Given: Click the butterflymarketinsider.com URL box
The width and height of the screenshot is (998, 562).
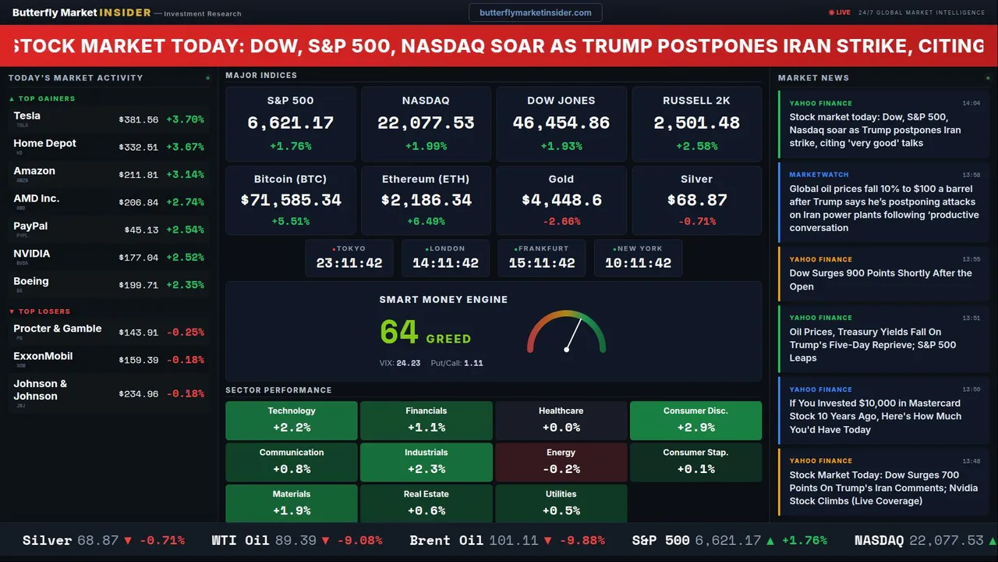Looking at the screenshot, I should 535,12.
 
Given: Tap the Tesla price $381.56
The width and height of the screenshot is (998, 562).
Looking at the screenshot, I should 138,119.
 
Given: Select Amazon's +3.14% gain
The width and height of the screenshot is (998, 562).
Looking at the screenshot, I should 185,175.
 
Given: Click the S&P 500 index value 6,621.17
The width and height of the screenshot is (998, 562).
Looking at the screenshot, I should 290,123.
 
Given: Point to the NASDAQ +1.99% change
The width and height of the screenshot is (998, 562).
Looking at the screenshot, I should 426,146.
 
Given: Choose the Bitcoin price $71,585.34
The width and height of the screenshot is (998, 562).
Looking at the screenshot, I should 290,200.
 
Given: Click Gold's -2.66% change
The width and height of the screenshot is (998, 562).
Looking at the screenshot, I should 561,222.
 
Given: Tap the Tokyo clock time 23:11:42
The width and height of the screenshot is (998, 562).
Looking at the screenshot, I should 349,263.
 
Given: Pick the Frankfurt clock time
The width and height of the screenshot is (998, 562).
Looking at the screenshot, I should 542,263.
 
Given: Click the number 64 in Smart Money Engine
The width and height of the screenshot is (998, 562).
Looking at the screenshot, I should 399,333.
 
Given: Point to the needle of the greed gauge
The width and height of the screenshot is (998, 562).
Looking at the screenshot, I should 573,333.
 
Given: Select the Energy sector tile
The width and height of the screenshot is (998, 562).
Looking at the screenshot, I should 561,462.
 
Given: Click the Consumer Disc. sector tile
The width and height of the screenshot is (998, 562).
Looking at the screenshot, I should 695,420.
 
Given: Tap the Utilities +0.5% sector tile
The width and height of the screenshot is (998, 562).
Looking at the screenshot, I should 561,503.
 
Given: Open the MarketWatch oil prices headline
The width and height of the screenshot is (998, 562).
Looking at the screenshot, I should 884,208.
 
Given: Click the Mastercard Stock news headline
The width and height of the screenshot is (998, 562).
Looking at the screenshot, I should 875,416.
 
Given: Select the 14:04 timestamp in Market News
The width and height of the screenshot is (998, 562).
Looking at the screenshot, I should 971,103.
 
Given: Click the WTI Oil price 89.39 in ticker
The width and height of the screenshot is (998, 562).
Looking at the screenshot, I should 296,540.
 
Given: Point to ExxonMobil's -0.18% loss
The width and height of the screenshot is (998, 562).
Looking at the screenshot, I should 185,360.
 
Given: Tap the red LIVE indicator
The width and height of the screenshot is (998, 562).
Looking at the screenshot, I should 840,12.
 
